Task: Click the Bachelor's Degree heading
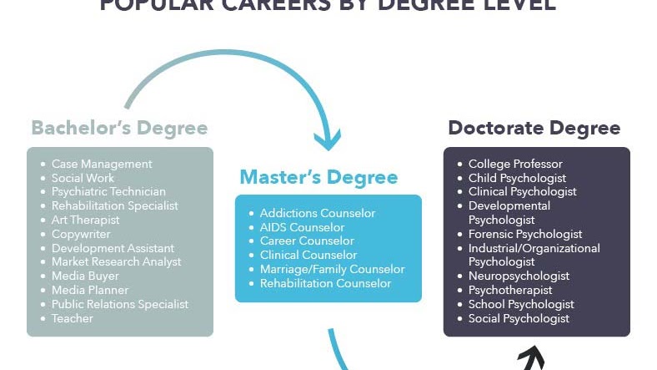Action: (119, 128)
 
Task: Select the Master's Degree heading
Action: (318, 177)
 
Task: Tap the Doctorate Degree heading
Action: (534, 128)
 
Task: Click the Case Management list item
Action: (102, 164)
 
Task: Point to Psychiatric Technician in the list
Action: (108, 192)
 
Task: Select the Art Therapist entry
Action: (85, 220)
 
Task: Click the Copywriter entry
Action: (82, 234)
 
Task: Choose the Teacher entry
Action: (73, 318)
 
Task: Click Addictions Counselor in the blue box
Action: (318, 213)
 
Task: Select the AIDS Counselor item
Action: (302, 227)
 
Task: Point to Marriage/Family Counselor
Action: (332, 269)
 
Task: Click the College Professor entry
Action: (515, 164)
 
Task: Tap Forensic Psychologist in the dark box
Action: (525, 234)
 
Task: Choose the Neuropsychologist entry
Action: (519, 276)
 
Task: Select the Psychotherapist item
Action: (510, 290)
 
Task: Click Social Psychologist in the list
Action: (519, 318)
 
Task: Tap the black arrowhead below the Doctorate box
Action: (530, 359)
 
